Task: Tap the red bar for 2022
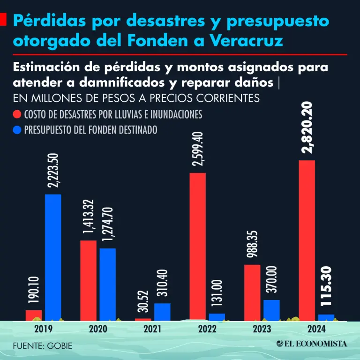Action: click(x=197, y=246)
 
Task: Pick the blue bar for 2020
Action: click(x=107, y=284)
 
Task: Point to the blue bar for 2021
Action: click(x=162, y=311)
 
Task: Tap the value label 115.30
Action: click(x=327, y=291)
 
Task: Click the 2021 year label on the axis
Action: click(x=153, y=329)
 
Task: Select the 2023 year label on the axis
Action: click(x=262, y=329)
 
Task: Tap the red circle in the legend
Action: click(x=17, y=115)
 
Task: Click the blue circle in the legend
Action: click(x=17, y=130)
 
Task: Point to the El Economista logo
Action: click(x=312, y=344)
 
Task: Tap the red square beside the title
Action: click(x=3, y=20)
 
